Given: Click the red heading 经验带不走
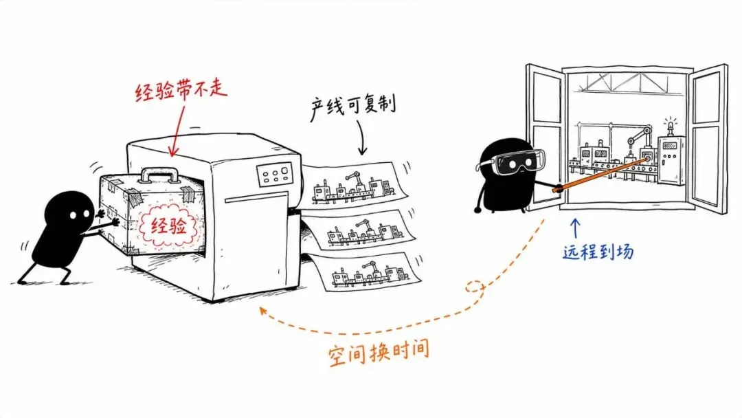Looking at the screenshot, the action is point(181,91).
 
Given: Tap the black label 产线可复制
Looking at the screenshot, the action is point(352,107).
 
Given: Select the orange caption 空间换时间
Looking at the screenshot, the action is point(379,351).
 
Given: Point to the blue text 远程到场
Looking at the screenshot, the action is point(598,251).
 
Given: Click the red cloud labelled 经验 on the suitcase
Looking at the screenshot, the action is point(169,226).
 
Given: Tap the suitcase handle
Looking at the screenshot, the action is point(161,175).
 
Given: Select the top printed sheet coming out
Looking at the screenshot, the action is point(356,185).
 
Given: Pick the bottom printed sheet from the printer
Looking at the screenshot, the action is point(363,273).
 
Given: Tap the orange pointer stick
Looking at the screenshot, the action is point(601,174).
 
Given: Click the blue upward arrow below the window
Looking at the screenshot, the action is point(575,228).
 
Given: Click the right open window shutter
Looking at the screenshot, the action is point(708,138).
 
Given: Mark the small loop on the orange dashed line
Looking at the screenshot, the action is point(475,287).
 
